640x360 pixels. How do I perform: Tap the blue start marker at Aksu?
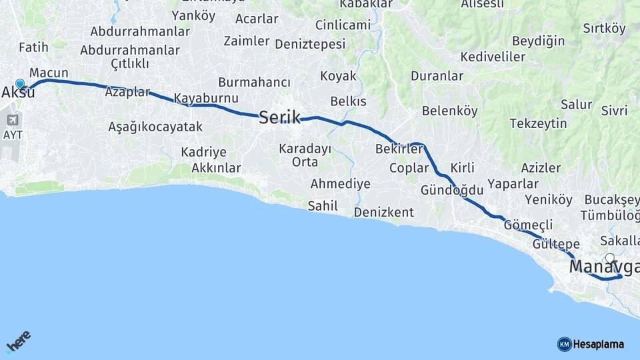point(20,84)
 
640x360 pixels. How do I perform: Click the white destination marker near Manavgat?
point(610,259)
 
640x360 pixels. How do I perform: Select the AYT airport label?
point(12,134)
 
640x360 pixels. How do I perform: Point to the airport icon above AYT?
point(12,119)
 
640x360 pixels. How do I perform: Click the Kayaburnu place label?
point(206,99)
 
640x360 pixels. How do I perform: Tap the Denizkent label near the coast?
point(383,213)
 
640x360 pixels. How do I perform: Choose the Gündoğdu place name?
point(451,191)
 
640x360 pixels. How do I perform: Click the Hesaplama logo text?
point(599,345)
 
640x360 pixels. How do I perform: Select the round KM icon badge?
point(564,345)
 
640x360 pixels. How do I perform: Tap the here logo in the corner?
point(19,342)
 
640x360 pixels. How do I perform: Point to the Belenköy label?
point(449,111)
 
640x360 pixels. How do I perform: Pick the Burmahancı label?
point(254,82)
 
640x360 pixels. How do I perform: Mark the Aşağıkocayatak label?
point(155,127)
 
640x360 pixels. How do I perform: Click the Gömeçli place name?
point(529,225)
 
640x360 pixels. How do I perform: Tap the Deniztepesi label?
point(310,44)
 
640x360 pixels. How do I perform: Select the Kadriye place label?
point(203,152)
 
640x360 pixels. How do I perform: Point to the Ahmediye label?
point(340,184)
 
